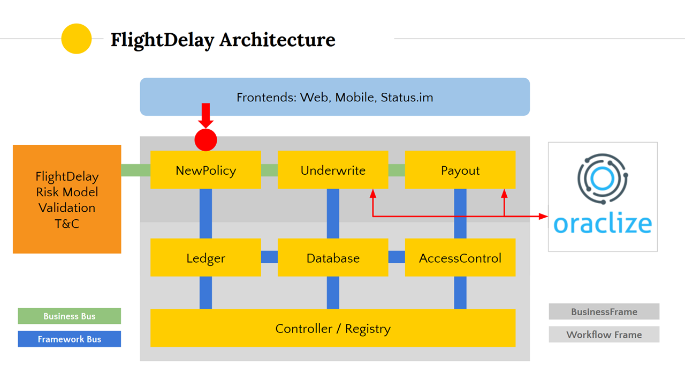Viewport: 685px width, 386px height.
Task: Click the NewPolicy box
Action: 205,170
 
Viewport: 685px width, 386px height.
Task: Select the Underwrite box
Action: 333,170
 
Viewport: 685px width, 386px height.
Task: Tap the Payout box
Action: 460,170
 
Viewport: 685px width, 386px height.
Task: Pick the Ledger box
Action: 205,258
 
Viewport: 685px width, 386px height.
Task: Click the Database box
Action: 333,258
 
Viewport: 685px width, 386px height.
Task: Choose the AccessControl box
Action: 460,258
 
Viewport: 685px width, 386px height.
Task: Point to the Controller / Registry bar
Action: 333,328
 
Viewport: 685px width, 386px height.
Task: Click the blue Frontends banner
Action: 334,97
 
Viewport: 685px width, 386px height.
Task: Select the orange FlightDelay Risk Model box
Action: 67,199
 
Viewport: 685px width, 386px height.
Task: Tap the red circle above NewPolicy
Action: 205,140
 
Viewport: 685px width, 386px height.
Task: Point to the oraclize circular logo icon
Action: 603,179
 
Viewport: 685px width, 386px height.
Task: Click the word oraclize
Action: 603,224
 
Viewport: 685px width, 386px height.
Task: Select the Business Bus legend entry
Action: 70,316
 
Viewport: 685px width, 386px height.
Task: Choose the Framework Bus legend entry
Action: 70,339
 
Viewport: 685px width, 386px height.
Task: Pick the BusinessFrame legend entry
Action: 604,311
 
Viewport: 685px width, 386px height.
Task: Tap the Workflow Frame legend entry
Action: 604,335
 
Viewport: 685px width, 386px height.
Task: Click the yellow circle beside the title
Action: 77,39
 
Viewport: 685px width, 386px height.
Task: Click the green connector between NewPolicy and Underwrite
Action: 269,170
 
